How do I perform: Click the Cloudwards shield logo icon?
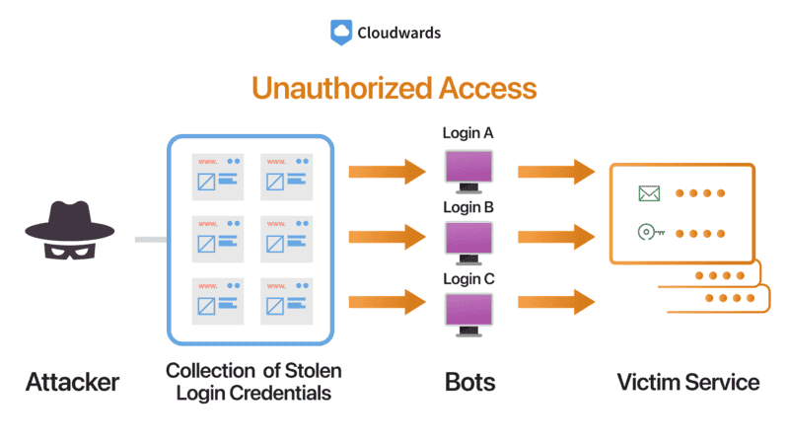[x=341, y=33]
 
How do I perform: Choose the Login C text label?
[x=467, y=278]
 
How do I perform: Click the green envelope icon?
[x=648, y=193]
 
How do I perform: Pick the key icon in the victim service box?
[x=652, y=233]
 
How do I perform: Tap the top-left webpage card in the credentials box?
[x=217, y=174]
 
